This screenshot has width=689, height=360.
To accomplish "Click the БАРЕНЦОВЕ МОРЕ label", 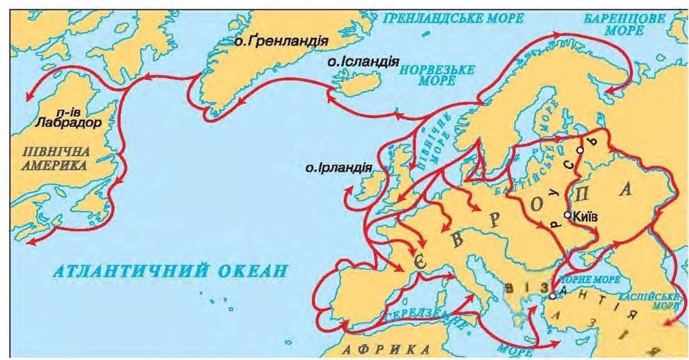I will pyautogui.click(x=626, y=24).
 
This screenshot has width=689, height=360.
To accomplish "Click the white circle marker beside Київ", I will pyautogui.click(x=567, y=215).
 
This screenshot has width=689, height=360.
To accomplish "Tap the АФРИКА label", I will pyautogui.click(x=387, y=349).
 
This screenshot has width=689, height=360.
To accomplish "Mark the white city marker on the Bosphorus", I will pyautogui.click(x=552, y=296).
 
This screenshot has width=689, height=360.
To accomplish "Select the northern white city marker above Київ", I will pyautogui.click(x=580, y=150).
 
